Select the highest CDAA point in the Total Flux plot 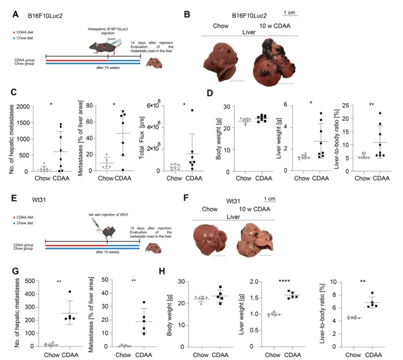pyautogui.click(x=192, y=110)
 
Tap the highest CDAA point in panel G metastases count pyautogui.click(x=71, y=292)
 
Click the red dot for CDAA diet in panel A pyautogui.click(x=15, y=33)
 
